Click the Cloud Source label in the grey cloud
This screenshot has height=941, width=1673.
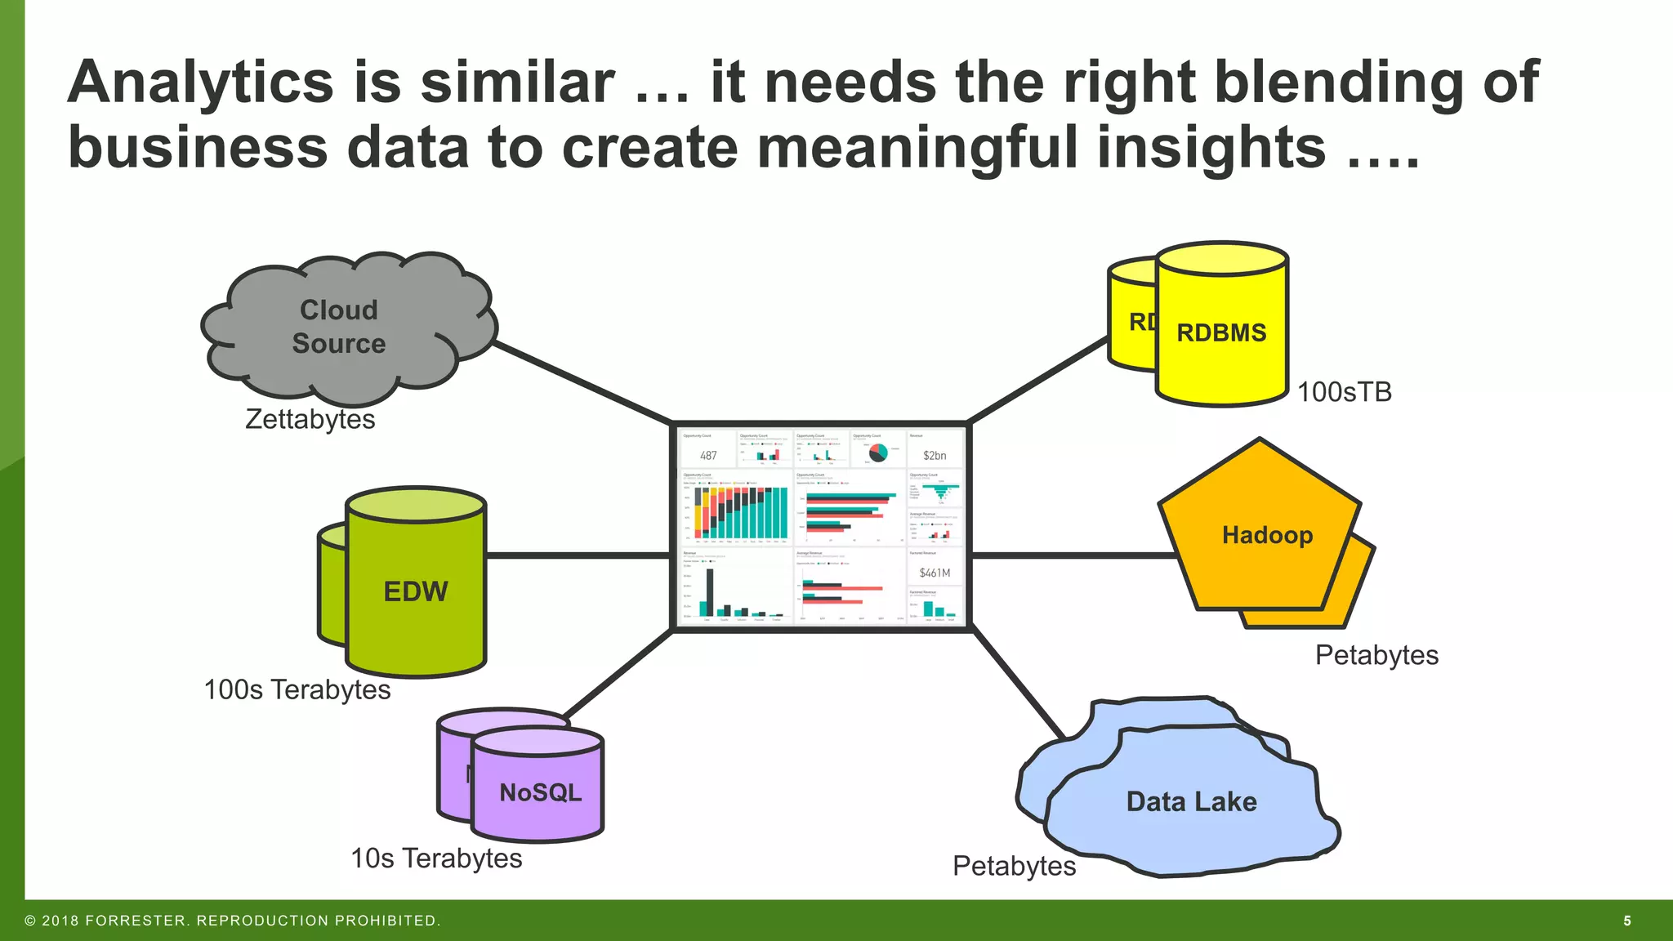pos(339,327)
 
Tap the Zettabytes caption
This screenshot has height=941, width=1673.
pos(310,419)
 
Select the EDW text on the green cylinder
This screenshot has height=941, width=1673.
pos(416,591)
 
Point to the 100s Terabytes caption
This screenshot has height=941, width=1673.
pos(297,689)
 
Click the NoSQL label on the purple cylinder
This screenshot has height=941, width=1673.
pos(540,792)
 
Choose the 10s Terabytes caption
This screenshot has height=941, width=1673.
pos(436,858)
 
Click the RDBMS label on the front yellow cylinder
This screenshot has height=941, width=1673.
pos(1221,332)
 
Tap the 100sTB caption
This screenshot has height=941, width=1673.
pos(1344,392)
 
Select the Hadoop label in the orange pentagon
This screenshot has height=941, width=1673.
pos(1267,535)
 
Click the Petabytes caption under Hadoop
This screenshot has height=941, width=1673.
pos(1376,655)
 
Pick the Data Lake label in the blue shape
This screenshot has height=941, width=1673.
pos(1191,801)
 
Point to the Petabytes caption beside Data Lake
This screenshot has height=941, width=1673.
pos(1014,866)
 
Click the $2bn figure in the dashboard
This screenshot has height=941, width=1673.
pos(935,456)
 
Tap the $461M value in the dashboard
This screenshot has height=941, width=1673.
pos(935,573)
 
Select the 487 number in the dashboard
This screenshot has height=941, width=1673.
pos(708,456)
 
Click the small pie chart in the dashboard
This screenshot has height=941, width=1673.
pos(878,453)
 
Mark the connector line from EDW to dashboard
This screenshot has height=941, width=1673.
pos(578,555)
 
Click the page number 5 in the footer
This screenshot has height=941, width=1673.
pos(1627,921)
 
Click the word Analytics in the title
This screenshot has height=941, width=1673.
pos(201,83)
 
